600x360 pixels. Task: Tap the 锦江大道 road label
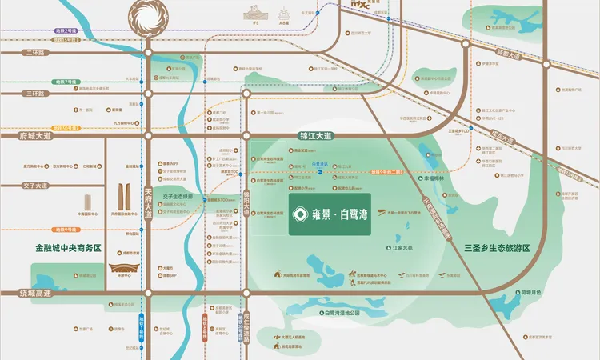pos(314,137)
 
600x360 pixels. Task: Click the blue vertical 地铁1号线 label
pos(130,328)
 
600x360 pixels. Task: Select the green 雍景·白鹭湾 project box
pos(330,214)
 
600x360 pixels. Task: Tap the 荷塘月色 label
pos(530,293)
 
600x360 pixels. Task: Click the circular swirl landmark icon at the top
pos(149,18)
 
